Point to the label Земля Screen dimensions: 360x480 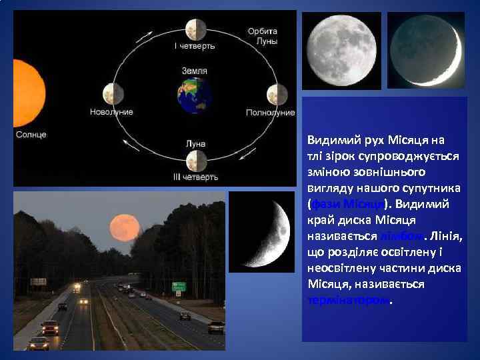[195, 70]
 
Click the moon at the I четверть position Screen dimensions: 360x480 [195, 29]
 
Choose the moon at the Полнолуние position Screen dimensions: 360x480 [277, 94]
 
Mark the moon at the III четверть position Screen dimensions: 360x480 [195, 160]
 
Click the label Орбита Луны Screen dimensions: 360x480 [263, 36]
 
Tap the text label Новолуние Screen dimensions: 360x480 [111, 112]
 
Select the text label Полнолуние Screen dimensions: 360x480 [270, 113]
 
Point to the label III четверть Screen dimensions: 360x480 [195, 177]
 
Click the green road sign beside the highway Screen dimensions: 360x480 [179, 287]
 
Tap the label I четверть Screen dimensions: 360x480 [195, 47]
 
